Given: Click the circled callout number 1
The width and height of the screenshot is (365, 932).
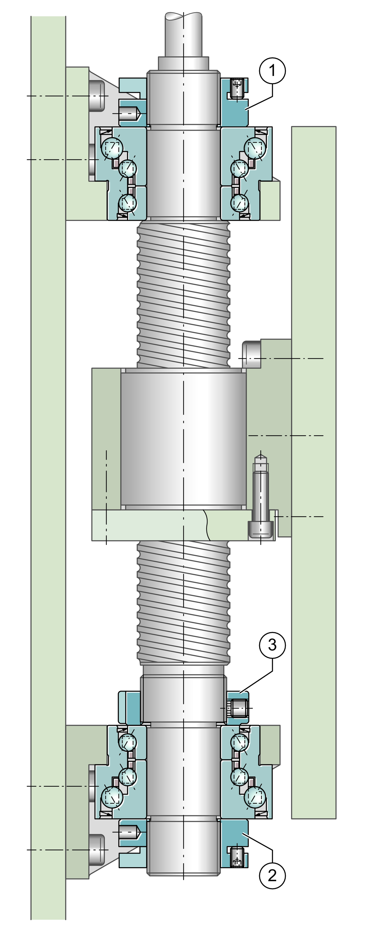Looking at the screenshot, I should coord(272,71).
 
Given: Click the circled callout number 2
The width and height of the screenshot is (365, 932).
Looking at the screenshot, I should coord(272,875).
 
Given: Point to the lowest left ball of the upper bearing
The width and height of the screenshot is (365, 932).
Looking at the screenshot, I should coord(128,203).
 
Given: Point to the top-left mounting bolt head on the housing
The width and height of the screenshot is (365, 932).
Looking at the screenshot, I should coord(96,96).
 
